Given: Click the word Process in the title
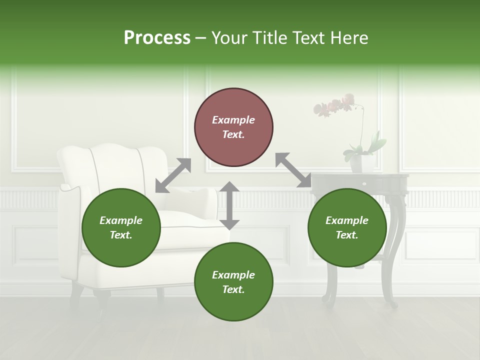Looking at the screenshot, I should tap(157, 38).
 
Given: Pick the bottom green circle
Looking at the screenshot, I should tap(233, 282).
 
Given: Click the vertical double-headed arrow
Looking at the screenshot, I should tap(229, 205).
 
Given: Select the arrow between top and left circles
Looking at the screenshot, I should tap(173, 175).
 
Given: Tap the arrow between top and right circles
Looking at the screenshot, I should tap(293, 170).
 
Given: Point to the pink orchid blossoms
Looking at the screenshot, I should tap(332, 105).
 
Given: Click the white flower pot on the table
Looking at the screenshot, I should tap(362, 163).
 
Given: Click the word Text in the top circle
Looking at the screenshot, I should tap(233, 134).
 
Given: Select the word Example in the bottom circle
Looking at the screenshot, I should tap(233, 274).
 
